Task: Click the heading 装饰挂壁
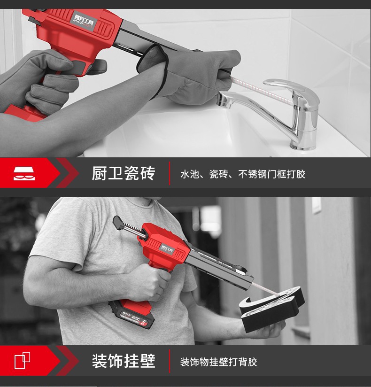(123, 361)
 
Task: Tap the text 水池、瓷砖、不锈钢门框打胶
(243, 174)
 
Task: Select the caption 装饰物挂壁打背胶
(219, 362)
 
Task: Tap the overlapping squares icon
(23, 361)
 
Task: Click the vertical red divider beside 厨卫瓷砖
(170, 173)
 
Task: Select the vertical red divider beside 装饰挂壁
(170, 361)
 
